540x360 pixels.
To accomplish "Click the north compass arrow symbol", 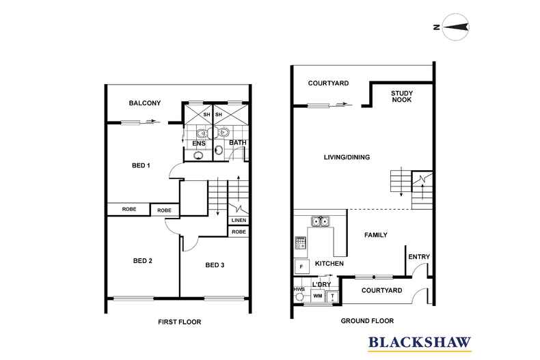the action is point(455,27).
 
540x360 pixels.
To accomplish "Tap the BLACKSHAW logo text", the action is point(420,342).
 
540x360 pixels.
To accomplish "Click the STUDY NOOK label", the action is point(401,96).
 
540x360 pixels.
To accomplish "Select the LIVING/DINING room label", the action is point(347,157).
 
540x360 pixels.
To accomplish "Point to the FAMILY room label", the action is point(376,235).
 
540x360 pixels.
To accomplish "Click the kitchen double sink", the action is point(321,221).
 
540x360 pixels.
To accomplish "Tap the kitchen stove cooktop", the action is point(300,243).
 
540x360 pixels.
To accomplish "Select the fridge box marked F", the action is point(301,266).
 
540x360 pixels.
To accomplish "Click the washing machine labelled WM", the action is point(318,296).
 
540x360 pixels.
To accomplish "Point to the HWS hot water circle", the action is point(299,297).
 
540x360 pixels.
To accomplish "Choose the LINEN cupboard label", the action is point(239,220).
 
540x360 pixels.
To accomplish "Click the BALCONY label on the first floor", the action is point(145,103).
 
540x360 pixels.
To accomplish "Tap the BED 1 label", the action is point(141,165).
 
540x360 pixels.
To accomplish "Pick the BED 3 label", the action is point(215,265).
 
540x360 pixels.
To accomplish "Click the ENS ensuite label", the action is point(199,143).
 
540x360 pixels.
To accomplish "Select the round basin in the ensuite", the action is point(198,155).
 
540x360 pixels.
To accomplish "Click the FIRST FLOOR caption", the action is point(179,322).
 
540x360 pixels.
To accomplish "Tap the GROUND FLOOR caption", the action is point(367,321).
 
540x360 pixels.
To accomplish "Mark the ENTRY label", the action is point(419,257).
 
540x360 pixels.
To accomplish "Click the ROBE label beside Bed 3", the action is point(239,232).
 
